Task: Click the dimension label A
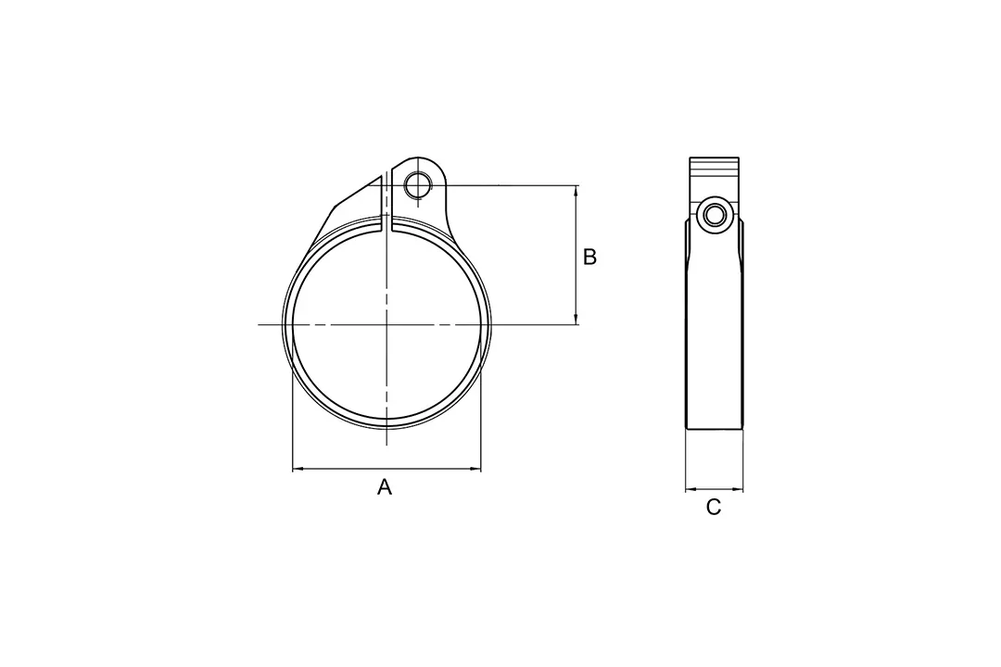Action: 385,486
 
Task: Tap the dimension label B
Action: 589,257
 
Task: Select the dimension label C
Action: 714,507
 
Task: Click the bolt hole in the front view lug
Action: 417,184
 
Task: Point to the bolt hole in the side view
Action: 714,215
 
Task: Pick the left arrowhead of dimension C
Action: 690,490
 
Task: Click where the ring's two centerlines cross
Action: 386,324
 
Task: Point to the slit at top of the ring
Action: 386,223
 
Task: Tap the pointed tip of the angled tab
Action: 381,174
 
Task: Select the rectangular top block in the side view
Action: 715,171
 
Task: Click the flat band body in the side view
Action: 715,333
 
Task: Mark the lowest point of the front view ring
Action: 386,429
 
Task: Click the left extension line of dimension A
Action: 293,435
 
